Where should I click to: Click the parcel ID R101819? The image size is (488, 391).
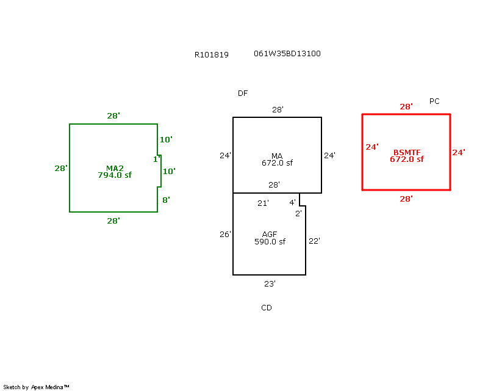coord(212,54)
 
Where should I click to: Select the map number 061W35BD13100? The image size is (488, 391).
coord(287,54)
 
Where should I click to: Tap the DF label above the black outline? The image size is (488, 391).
coord(243,93)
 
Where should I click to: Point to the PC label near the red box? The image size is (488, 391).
coord(434,101)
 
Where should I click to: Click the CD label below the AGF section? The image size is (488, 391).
coord(267,308)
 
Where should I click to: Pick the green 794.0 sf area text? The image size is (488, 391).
coord(115,175)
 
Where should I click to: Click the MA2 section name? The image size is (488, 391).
coord(115,168)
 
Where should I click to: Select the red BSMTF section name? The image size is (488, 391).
coord(407,152)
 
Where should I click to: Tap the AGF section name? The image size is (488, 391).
coord(270,235)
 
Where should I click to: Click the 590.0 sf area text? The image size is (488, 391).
coord(270,242)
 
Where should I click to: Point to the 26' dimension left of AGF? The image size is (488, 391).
coord(225,235)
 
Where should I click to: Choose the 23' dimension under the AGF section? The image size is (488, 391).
coord(270,283)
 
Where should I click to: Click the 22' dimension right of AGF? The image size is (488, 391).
coord(314,241)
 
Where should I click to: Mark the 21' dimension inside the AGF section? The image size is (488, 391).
coord(263,203)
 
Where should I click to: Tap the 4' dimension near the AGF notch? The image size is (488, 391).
coord(292,203)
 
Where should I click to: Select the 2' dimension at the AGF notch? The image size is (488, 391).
coord(298,213)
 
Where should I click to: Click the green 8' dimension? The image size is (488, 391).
coord(165,200)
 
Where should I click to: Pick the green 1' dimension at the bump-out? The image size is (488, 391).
coord(156,159)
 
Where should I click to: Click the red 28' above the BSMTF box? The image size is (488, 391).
coord(406,107)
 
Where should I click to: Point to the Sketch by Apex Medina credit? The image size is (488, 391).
coord(37,387)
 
